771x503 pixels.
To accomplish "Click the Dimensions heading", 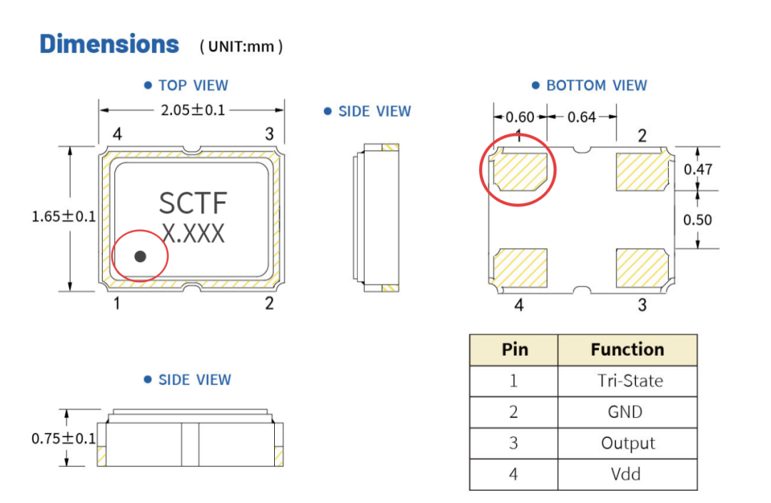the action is tap(109, 44).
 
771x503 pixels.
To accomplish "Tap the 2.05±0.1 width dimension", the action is tap(193, 110).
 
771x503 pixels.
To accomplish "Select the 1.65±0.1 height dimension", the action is tap(64, 216).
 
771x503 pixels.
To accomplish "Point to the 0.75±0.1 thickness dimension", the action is tap(64, 438).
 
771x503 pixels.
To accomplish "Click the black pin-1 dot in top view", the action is tap(140, 256).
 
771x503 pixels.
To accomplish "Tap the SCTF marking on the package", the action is tap(193, 203).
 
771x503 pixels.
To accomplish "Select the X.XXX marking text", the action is tap(193, 234).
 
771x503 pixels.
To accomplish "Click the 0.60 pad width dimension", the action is tap(520, 117).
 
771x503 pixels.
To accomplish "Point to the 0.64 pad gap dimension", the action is tap(582, 117).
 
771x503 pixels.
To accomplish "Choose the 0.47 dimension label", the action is tap(697, 169).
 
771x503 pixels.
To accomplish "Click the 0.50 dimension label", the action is tap(697, 219).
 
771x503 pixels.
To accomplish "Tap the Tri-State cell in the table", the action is tap(630, 380).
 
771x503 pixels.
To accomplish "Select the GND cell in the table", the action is tap(625, 412).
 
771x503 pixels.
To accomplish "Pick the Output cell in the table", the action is tap(628, 443).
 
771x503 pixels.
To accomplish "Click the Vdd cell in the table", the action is tap(625, 474).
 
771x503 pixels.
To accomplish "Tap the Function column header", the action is tap(628, 349).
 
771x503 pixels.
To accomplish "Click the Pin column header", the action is tap(515, 349).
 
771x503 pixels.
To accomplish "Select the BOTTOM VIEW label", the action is tap(596, 86).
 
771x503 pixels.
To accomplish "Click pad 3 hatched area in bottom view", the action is tap(642, 268).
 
